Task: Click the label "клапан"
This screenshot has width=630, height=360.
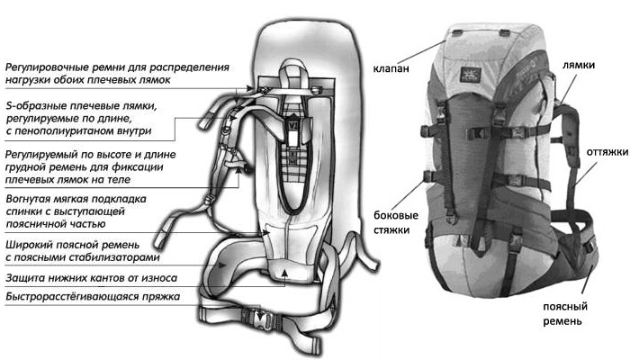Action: click(x=391, y=68)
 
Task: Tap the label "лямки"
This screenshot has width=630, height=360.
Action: click(x=579, y=65)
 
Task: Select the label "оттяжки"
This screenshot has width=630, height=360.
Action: click(x=607, y=152)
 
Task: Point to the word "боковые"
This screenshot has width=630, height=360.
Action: click(x=396, y=215)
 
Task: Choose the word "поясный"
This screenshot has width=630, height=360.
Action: click(x=565, y=307)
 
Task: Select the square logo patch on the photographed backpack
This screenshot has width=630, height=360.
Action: click(x=471, y=74)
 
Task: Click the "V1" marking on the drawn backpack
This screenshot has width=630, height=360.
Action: click(x=292, y=125)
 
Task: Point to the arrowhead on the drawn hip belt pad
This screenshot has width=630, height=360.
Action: click(x=221, y=265)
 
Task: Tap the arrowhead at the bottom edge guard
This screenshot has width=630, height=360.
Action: click(x=284, y=274)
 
